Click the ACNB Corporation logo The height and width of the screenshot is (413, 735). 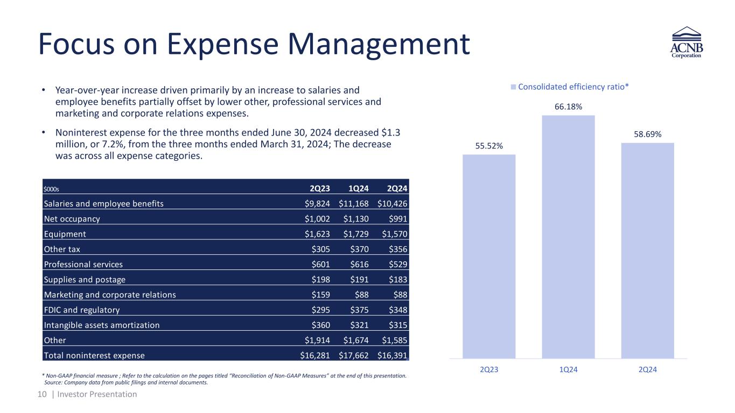pyautogui.click(x=687, y=45)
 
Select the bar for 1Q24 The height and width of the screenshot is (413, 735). pyautogui.click(x=568, y=237)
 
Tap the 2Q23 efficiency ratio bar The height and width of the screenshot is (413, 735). pyautogui.click(x=489, y=256)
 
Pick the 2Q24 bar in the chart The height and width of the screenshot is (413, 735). pyautogui.click(x=647, y=250)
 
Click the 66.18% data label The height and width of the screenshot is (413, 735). pyautogui.click(x=568, y=106)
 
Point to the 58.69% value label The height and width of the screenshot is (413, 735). pyautogui.click(x=647, y=134)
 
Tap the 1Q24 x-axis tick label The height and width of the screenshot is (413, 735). pyautogui.click(x=568, y=371)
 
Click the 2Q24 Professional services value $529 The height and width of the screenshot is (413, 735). pyautogui.click(x=397, y=265)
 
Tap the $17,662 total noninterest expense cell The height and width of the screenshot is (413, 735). pyautogui.click(x=355, y=355)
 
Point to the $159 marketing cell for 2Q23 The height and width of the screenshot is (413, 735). pyautogui.click(x=320, y=295)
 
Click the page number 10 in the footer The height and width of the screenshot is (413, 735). pyautogui.click(x=42, y=394)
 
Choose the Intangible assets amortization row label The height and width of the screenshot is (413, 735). pyautogui.click(x=102, y=325)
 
